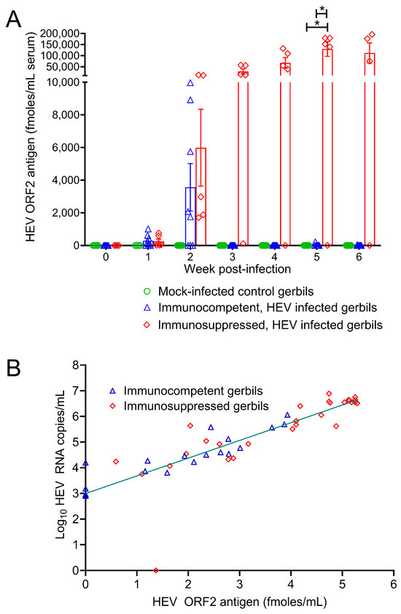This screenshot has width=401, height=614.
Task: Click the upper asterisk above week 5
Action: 322,10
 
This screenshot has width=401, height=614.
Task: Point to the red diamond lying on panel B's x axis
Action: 156,570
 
